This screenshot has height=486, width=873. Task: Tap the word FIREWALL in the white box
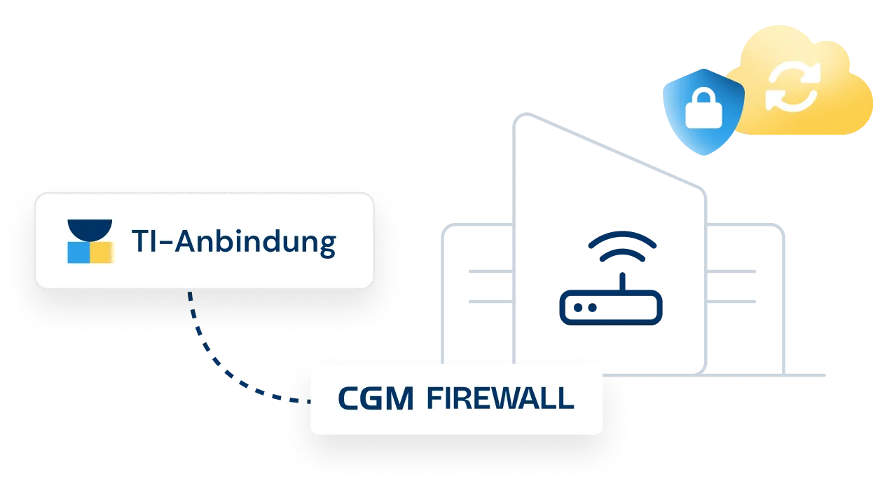click(x=500, y=399)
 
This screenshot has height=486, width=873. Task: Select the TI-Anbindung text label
click(x=233, y=242)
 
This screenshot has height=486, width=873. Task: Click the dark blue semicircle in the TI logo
click(x=90, y=229)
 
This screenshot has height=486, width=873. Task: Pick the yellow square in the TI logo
click(x=102, y=252)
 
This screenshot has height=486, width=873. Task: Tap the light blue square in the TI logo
click(x=78, y=252)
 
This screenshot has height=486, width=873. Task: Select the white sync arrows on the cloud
click(x=792, y=87)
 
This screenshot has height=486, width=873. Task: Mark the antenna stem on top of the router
click(x=623, y=275)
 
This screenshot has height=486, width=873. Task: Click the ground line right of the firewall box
click(x=715, y=377)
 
